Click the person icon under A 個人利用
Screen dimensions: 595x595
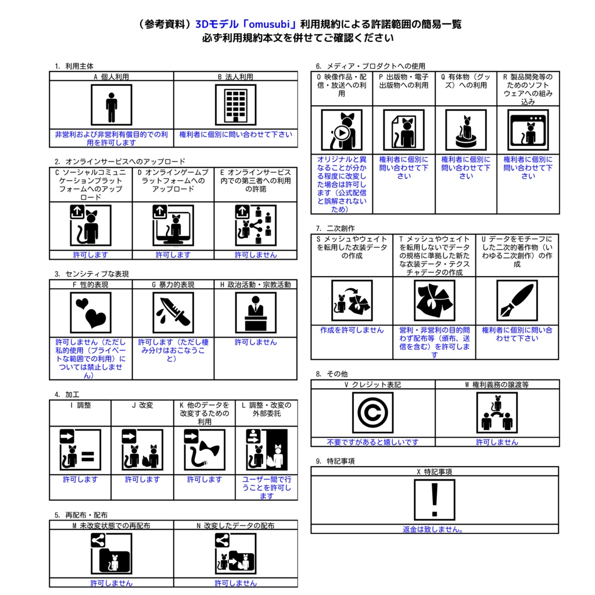(111, 105)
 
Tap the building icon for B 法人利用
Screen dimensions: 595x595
(236, 105)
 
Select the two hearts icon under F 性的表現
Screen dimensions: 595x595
(91, 313)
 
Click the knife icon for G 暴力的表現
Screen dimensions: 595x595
(173, 313)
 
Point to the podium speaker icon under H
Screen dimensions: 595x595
(256, 313)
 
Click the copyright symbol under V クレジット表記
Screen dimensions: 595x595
(372, 413)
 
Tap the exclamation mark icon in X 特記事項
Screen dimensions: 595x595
(435, 500)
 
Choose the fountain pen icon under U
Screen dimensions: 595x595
(517, 300)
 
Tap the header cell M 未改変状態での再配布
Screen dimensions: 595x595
(111, 525)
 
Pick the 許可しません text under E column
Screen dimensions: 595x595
(256, 255)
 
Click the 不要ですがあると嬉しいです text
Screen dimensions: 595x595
(372, 442)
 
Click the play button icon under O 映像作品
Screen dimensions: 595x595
(342, 133)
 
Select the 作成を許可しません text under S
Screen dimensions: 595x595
(352, 330)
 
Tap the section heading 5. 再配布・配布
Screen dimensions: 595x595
(81, 515)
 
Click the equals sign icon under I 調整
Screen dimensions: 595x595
(88, 456)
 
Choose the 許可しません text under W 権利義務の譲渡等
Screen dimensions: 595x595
(497, 442)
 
